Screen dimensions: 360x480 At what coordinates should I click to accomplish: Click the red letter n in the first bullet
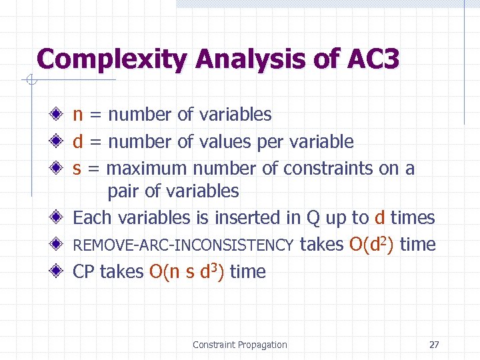[78, 115]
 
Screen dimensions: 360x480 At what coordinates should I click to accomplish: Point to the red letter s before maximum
[77, 169]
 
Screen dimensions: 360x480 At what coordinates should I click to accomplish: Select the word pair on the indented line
[123, 192]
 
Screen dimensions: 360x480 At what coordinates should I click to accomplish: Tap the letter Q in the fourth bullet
[313, 218]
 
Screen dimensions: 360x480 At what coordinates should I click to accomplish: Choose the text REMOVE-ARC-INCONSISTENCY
[183, 246]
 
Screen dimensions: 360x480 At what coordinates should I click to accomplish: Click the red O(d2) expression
[371, 245]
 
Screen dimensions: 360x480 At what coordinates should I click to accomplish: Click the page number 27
[434, 345]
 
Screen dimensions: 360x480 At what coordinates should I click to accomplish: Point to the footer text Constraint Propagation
[239, 345]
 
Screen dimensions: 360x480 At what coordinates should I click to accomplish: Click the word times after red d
[413, 218]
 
